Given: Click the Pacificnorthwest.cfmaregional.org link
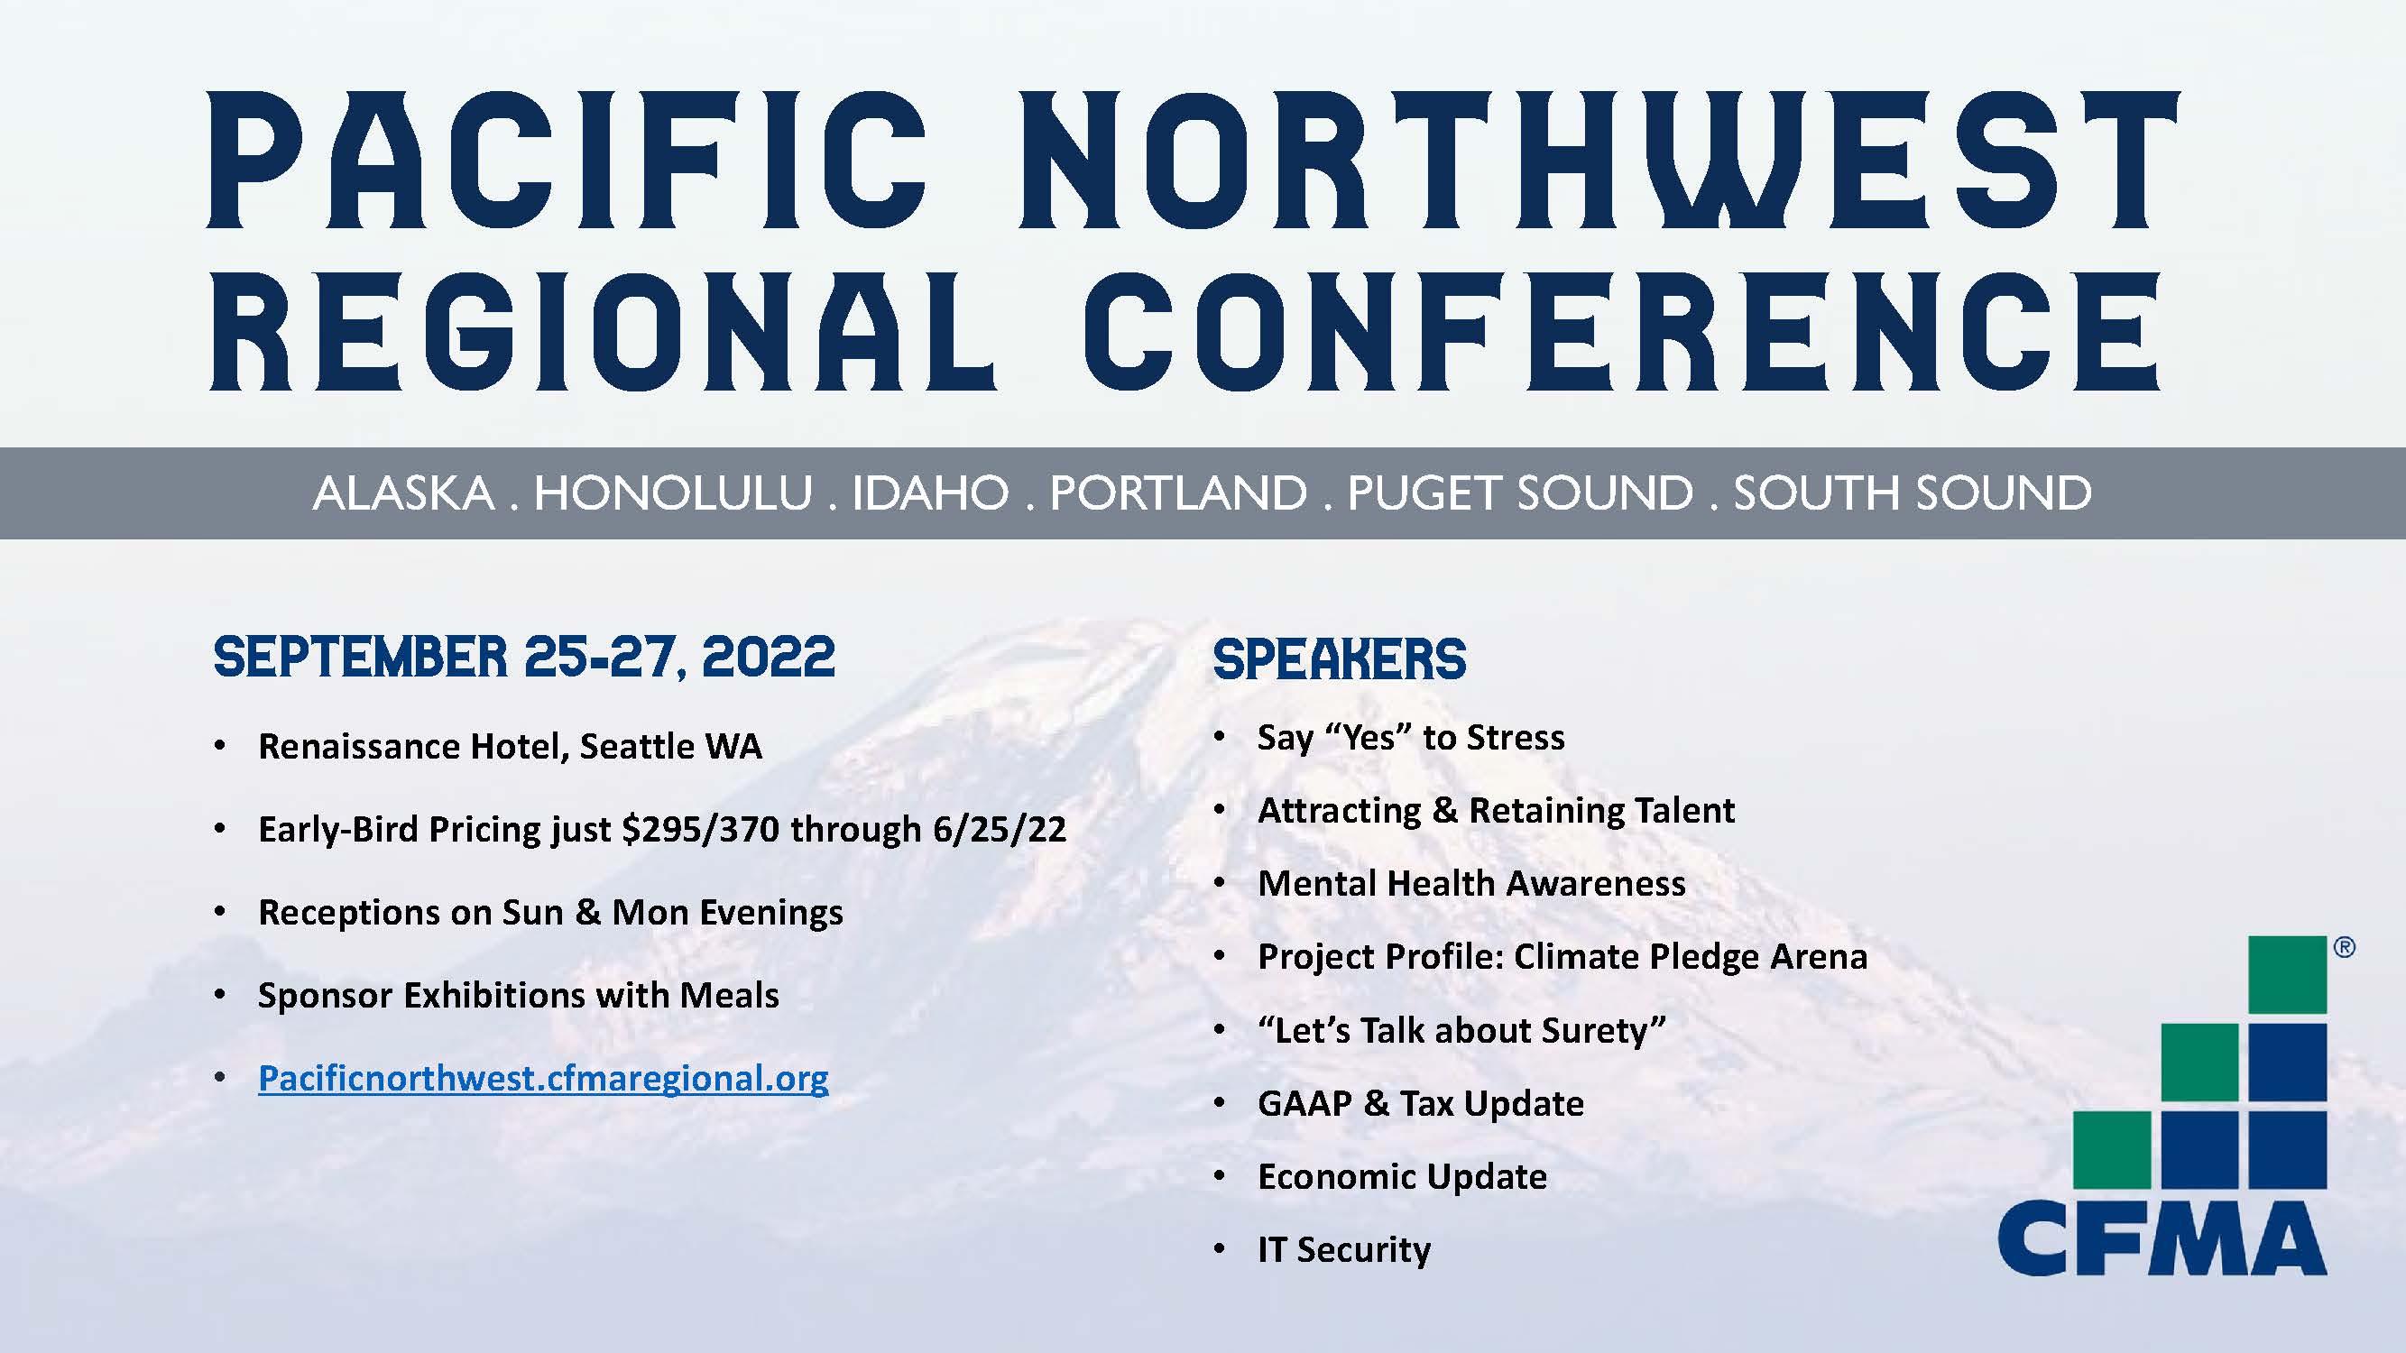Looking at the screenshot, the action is point(543,1079).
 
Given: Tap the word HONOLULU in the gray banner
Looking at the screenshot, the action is point(672,493).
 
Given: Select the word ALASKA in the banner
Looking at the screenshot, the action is point(403,493).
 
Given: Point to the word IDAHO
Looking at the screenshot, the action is point(930,493).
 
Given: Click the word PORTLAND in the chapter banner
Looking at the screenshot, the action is point(1179,493).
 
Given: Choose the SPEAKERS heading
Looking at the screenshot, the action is point(1340,659).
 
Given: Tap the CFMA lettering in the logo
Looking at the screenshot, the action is point(2162,1240).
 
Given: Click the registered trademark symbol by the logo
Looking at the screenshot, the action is point(2345,949).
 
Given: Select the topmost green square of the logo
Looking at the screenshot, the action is point(2286,975).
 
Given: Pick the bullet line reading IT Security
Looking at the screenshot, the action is point(1344,1249).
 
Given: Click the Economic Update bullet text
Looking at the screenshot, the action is point(1402,1176).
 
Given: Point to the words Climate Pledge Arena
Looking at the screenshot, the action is point(1691,957).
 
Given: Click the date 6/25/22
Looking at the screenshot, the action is point(1000,829).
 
